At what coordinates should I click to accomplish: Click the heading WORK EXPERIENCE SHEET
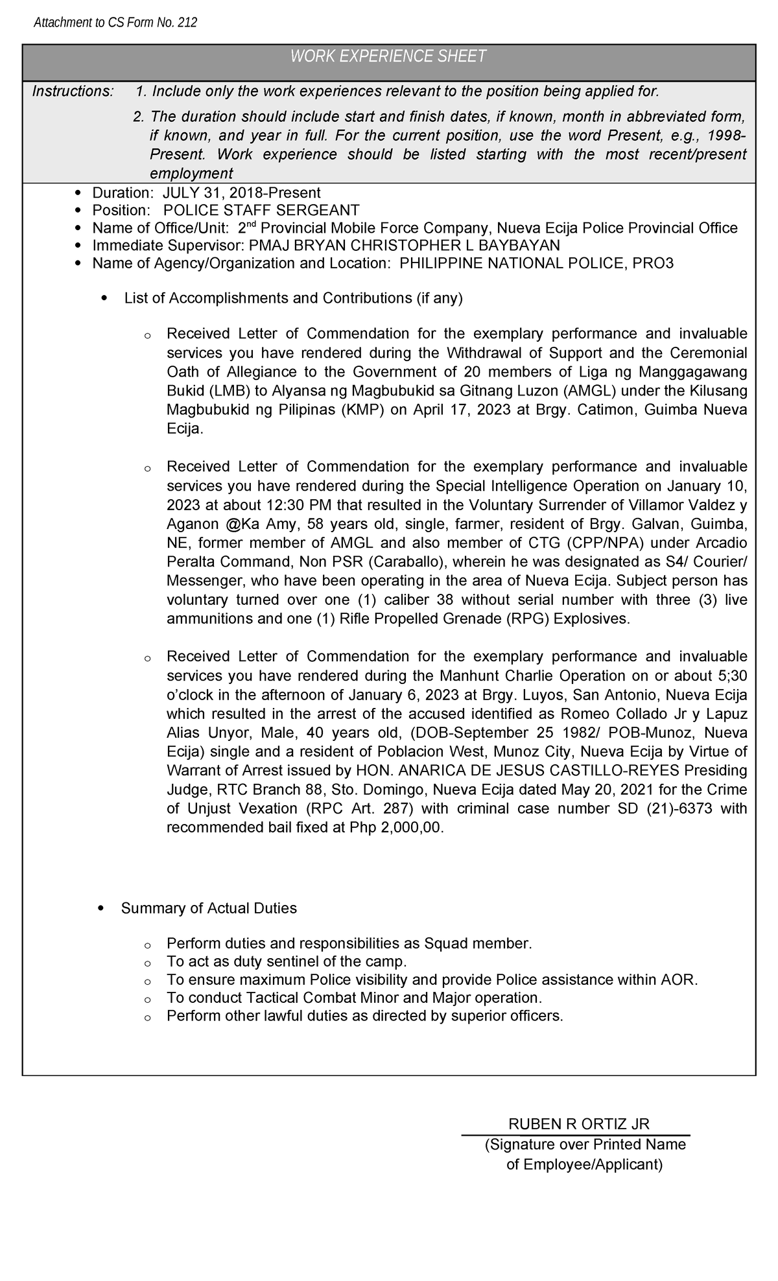388,56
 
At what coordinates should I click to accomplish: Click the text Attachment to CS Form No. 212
115,23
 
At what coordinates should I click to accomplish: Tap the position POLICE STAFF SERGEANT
261,210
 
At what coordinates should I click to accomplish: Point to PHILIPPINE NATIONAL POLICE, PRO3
536,263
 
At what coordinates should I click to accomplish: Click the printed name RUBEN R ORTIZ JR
579,1123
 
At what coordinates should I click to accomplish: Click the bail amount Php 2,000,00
397,828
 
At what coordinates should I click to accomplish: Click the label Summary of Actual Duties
209,908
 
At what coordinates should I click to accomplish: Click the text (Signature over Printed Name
585,1144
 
